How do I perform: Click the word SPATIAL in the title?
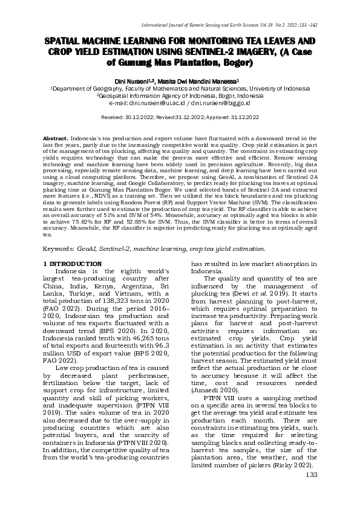66,41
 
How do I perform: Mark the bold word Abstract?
56,138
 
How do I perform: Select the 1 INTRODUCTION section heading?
73,265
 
